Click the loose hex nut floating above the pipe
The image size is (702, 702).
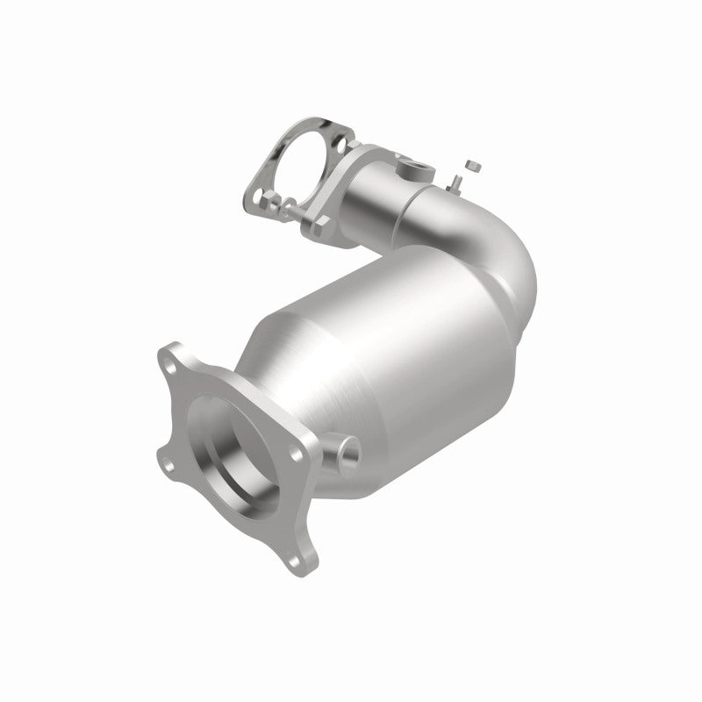(472, 164)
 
